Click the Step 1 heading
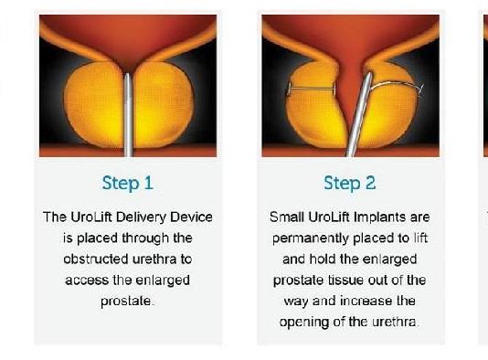pos(128,183)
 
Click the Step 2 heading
pos(350,183)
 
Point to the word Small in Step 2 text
pos(286,217)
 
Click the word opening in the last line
pos(304,323)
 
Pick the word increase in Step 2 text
pos(366,302)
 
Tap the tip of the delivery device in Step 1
pos(127,74)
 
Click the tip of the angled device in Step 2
pos(369,74)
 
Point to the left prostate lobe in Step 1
pos(93,104)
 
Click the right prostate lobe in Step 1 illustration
pos(163,104)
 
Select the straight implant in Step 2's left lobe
pos(312,89)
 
